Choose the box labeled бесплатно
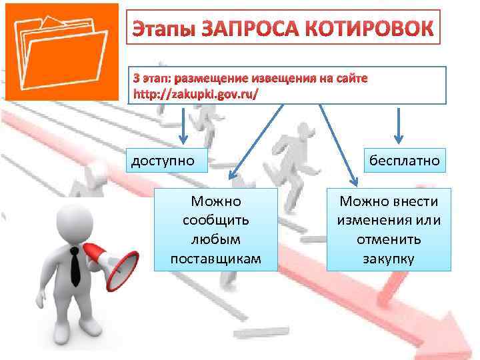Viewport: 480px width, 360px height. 401,161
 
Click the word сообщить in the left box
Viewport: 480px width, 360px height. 215,219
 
